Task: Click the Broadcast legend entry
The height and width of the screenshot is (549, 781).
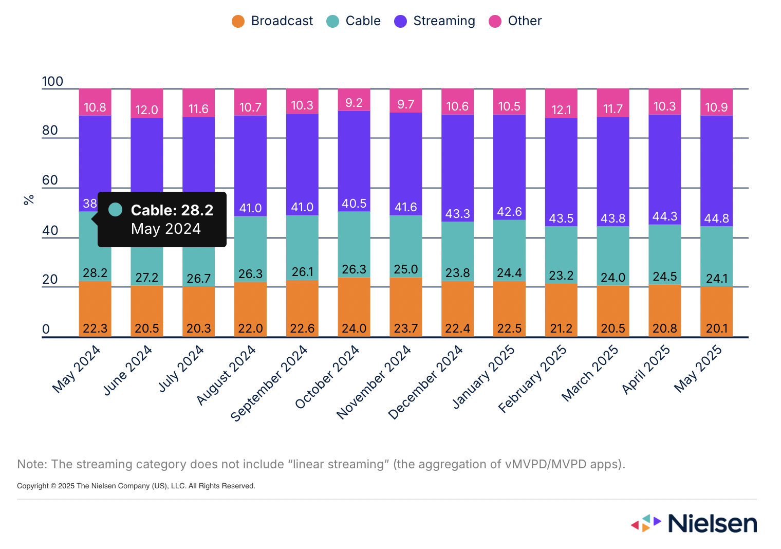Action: click(272, 21)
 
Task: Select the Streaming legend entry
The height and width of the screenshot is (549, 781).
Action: click(435, 21)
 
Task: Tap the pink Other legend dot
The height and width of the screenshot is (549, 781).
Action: click(495, 21)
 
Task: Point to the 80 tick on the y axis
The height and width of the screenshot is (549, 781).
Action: click(50, 131)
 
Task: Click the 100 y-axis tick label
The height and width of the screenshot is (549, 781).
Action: click(52, 82)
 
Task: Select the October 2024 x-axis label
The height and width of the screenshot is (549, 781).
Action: click(327, 377)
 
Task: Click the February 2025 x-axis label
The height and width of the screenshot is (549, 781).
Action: click(533, 379)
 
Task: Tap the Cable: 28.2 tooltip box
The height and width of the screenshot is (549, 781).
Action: click(162, 219)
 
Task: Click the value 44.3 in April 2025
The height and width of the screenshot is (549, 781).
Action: click(664, 216)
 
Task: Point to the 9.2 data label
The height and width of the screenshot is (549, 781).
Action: click(354, 103)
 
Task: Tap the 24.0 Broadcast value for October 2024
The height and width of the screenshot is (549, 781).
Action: click(354, 328)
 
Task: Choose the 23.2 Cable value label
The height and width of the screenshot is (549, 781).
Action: click(561, 276)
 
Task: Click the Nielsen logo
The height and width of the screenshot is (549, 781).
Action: click(694, 523)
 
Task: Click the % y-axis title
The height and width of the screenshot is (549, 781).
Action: click(29, 200)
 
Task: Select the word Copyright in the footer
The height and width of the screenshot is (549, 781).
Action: click(33, 486)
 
